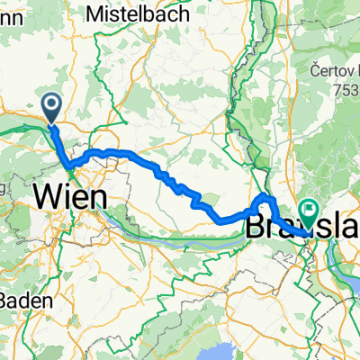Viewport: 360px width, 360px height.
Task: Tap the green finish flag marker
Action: coord(309,213)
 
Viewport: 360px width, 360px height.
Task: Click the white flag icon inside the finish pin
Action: coord(309,211)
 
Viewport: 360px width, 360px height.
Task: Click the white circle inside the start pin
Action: coord(51,106)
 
